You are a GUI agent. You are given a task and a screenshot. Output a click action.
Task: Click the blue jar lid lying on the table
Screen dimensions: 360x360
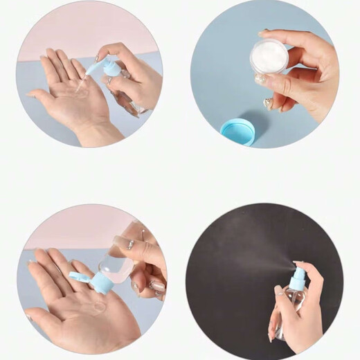pyautogui.click(x=237, y=131)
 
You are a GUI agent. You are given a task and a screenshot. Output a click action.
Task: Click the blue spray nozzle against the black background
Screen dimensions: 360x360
pyautogui.click(x=297, y=278)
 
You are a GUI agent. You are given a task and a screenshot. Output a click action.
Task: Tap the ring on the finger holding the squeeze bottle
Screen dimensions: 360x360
pyautogui.click(x=130, y=244)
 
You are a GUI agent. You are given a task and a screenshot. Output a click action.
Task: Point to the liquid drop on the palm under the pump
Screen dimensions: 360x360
pyautogui.click(x=82, y=90)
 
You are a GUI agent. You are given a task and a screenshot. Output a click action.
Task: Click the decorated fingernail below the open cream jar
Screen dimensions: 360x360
pyautogui.click(x=268, y=103)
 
